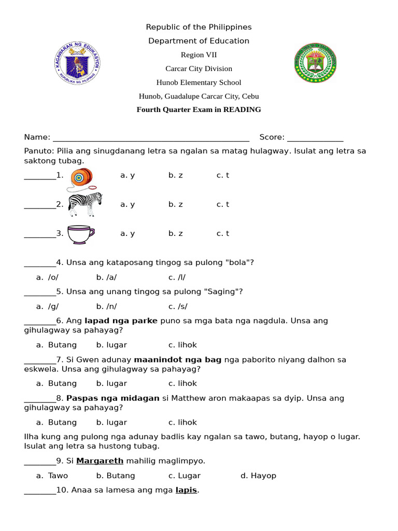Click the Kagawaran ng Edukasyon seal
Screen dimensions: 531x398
click(78, 63)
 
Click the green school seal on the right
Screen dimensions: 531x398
click(316, 63)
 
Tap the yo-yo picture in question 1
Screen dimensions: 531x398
click(83, 178)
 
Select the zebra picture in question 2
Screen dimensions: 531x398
click(85, 204)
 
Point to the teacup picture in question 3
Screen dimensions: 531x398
click(81, 234)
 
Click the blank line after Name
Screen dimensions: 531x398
click(151, 138)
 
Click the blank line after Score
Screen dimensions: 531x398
click(315, 138)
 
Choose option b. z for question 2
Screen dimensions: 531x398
click(176, 204)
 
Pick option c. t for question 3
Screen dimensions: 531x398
click(223, 233)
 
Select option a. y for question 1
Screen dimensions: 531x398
click(127, 175)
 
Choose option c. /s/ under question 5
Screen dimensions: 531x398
click(178, 306)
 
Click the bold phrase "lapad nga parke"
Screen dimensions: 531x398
click(121, 320)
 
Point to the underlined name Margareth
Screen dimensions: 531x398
click(99, 460)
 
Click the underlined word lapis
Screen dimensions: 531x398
click(186, 490)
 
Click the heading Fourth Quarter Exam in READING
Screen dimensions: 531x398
click(198, 109)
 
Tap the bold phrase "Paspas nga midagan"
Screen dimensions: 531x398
click(113, 398)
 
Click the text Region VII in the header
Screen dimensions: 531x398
click(198, 55)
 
